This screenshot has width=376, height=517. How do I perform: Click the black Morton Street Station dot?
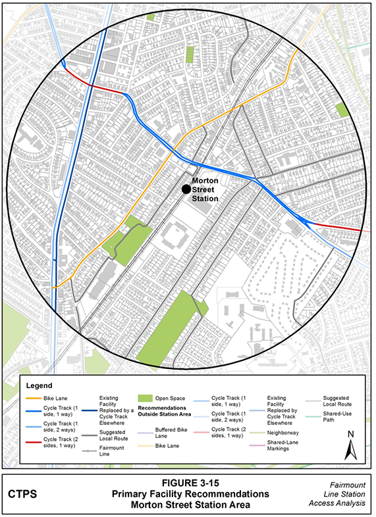click(186, 189)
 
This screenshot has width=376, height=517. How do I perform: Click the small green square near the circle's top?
click(151, 17)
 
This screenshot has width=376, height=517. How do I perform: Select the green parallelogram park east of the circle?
click(342, 110)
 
